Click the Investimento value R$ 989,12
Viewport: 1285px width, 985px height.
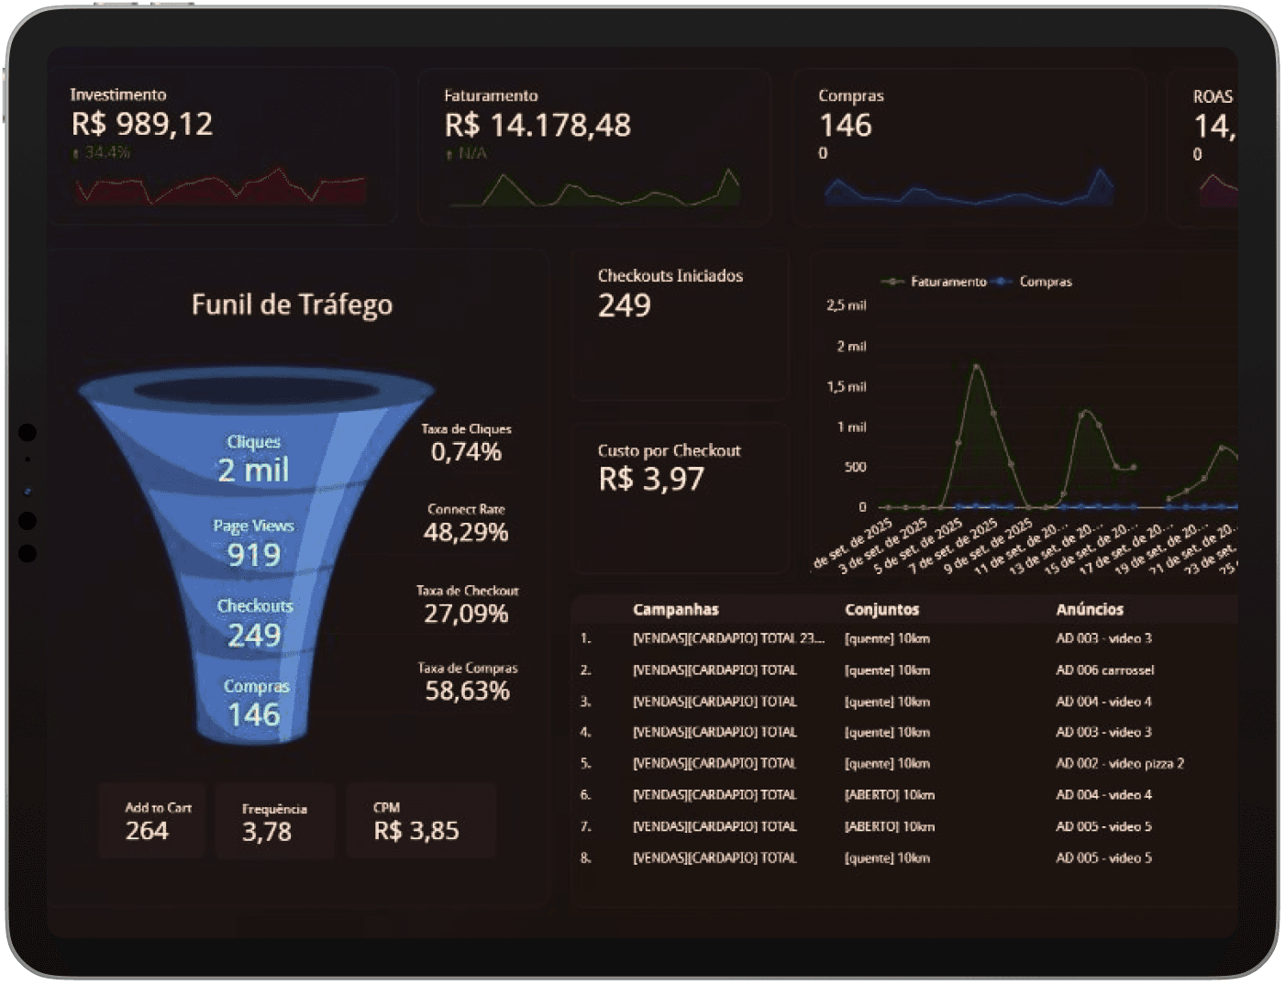pos(142,124)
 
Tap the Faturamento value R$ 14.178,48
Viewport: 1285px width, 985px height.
pos(537,126)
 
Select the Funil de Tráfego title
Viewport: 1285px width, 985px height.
pos(292,304)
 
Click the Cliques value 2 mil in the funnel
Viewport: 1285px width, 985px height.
pos(253,470)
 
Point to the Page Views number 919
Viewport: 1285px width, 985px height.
pos(254,554)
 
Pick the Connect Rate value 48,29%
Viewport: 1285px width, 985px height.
pos(466,532)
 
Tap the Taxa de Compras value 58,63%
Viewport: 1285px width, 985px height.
pos(467,691)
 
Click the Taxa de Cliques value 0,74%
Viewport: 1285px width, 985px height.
pos(466,451)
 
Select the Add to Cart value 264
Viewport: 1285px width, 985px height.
pos(147,831)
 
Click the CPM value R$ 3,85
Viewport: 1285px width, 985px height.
pos(415,831)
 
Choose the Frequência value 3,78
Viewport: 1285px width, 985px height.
pos(267,832)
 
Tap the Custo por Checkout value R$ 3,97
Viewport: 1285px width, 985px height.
pos(651,479)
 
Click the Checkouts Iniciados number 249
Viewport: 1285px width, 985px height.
pos(625,305)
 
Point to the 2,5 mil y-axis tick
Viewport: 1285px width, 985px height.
pos(846,305)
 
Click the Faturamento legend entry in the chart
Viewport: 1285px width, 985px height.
pos(947,282)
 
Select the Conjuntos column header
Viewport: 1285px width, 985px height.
pos(881,609)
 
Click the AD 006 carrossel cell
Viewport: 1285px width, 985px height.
pos(1104,670)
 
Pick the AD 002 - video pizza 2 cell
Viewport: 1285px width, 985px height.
pos(1120,763)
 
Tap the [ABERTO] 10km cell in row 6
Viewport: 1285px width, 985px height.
pos(889,795)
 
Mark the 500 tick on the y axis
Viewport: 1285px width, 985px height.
pos(855,467)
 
